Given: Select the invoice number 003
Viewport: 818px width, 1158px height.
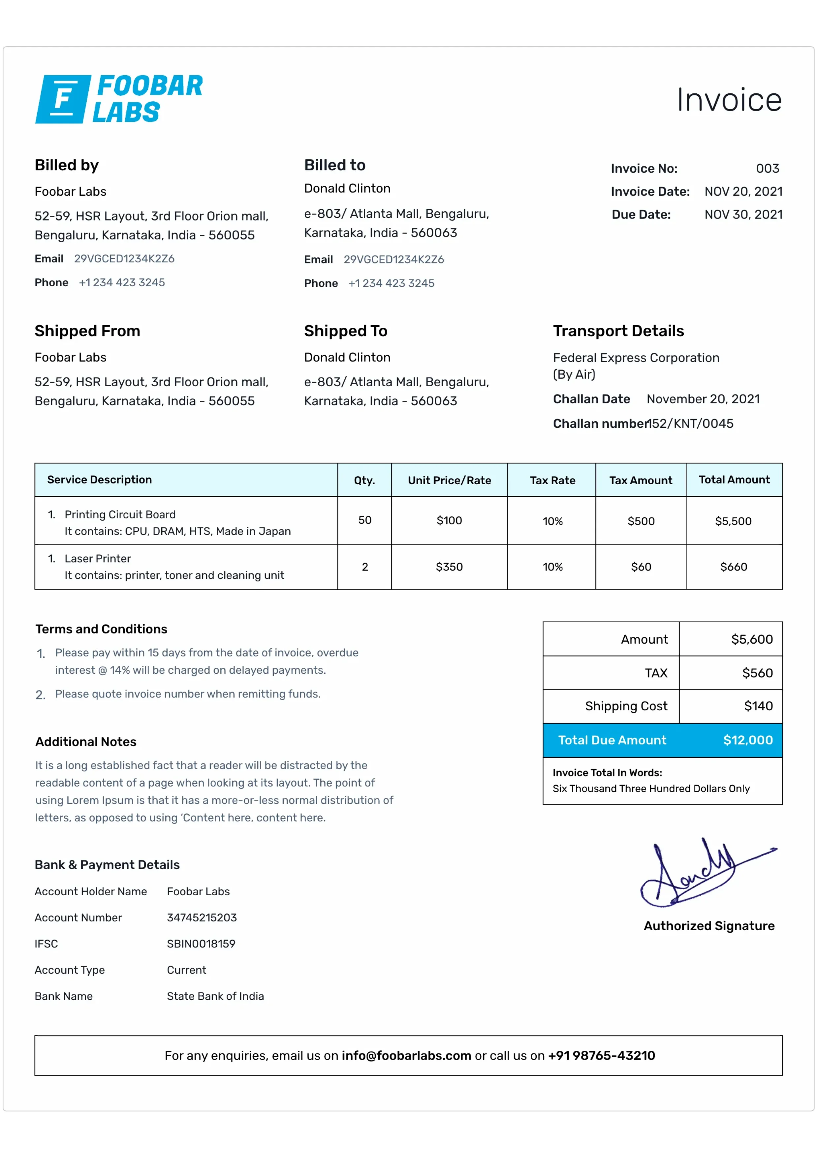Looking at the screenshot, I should coord(767,168).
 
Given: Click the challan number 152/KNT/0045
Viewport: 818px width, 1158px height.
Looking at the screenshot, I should coord(691,424).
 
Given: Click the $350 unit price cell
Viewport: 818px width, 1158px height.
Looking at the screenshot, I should coord(449,567).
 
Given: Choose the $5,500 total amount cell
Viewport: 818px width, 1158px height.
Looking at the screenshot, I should coord(733,521).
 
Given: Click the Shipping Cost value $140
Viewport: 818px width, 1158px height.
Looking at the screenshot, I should coord(758,706).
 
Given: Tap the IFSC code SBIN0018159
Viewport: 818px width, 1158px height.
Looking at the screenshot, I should coord(201,944).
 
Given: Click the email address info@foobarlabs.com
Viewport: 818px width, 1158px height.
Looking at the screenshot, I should coord(406,1056).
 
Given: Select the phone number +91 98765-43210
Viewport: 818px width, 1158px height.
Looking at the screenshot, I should coord(601,1056).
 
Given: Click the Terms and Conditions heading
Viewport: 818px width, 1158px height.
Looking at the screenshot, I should coord(101,629).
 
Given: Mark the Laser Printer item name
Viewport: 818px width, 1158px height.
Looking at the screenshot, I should coord(98,558).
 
